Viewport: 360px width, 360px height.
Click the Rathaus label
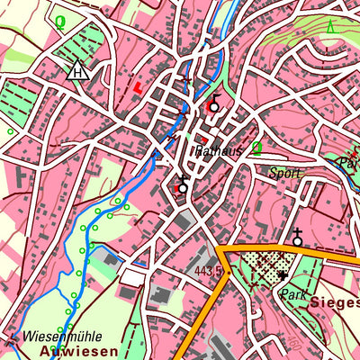pos(217,152)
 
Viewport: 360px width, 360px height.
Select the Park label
pos(294,294)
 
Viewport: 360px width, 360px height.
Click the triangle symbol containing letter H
pos(78,71)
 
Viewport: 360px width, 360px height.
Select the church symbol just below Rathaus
pos(183,185)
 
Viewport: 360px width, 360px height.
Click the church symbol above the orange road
pos(297,238)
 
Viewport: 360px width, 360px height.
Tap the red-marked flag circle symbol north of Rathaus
pos(213,105)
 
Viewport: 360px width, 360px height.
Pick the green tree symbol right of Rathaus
pos(256,148)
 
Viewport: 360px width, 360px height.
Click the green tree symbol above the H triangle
pos(60,21)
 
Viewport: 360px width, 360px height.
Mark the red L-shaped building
pos(137,86)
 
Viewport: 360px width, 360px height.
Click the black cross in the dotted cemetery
pos(283,274)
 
